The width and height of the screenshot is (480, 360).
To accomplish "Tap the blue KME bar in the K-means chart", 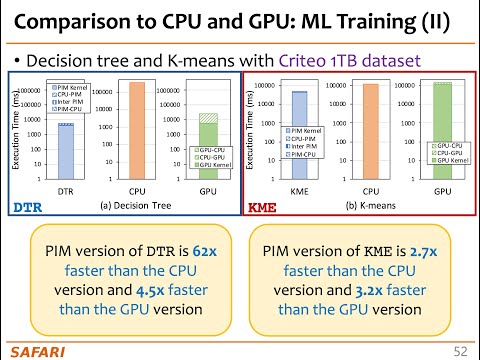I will point(299,135).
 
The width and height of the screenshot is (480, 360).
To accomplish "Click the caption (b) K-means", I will point(372,205).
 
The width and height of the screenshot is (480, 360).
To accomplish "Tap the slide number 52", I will point(459,349).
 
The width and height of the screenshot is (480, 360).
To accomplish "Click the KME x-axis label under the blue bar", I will point(299,190).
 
